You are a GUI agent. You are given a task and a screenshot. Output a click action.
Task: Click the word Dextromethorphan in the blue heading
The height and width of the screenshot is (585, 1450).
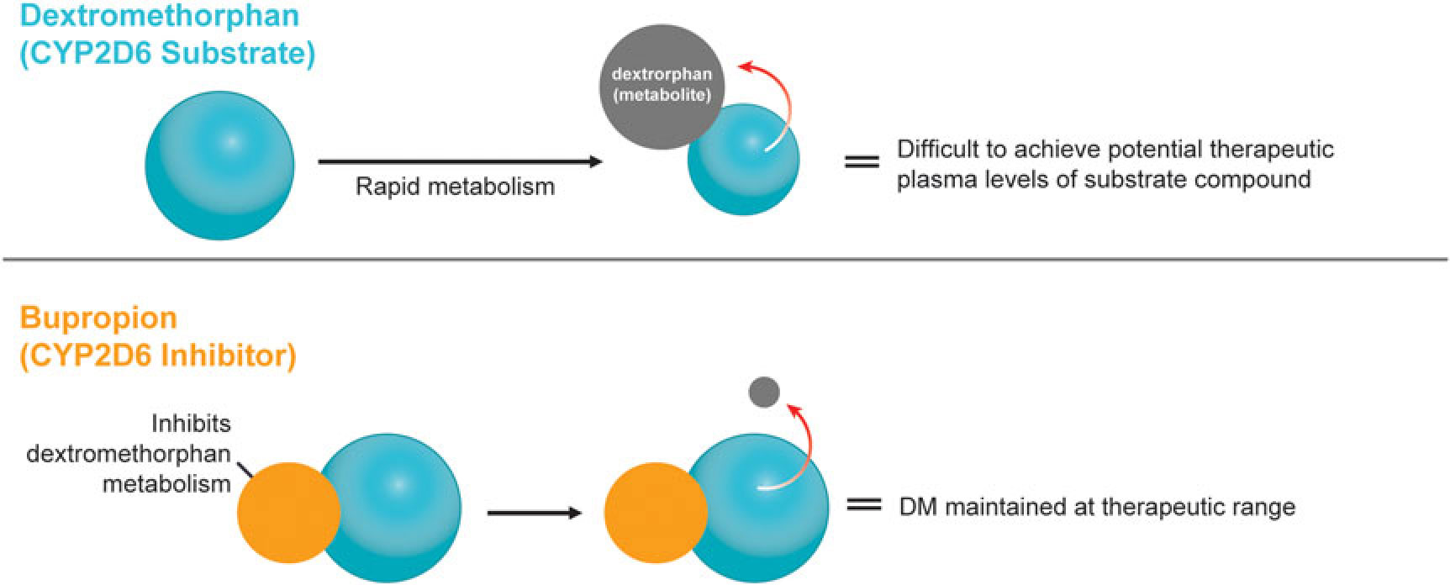160,15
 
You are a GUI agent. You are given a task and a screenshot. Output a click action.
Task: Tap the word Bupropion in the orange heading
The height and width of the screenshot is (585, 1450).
99,318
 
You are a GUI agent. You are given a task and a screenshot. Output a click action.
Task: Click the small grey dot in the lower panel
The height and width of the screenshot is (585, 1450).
764,392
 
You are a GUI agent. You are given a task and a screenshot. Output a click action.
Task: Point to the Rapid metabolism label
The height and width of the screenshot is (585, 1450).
455,186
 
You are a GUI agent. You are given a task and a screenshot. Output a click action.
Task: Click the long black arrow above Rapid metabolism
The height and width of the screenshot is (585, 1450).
460,161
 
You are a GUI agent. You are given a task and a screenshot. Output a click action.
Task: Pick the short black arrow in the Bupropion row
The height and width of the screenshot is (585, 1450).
535,512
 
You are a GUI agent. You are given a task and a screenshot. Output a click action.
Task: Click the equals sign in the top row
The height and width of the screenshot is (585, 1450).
861,161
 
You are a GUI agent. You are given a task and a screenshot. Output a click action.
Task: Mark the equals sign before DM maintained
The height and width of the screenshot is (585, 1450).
863,505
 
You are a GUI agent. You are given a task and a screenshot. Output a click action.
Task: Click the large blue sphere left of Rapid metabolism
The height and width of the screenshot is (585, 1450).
220,166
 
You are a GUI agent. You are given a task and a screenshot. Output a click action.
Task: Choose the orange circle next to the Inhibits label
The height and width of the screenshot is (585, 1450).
287,513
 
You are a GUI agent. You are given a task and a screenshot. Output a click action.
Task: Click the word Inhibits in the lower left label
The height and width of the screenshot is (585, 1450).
191,423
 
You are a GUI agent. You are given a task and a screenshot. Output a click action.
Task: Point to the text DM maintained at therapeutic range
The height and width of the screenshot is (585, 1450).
1097,507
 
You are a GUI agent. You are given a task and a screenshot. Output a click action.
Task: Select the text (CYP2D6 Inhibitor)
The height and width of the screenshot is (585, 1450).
158,356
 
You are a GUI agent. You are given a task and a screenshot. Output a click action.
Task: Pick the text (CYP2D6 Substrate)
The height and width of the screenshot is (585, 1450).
168,53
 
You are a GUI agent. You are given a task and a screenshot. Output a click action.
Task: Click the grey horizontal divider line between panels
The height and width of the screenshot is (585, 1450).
725,260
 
